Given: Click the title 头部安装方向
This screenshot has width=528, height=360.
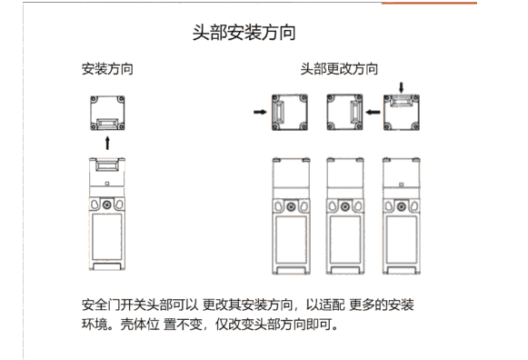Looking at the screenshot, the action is (x=244, y=33).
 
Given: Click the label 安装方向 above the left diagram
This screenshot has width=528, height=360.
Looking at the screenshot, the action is (x=107, y=69).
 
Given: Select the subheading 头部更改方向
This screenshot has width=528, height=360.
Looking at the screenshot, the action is (x=339, y=69).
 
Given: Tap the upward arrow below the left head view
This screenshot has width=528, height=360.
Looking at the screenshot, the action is (x=107, y=143).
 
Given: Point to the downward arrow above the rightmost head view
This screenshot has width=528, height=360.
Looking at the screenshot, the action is (x=401, y=87).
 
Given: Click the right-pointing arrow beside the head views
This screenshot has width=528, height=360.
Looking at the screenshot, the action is (x=260, y=112).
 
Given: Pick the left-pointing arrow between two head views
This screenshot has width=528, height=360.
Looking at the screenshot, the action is (x=374, y=112).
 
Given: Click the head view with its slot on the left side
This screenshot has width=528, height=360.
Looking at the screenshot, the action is (x=290, y=112).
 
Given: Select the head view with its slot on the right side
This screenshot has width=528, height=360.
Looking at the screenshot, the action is (x=344, y=112).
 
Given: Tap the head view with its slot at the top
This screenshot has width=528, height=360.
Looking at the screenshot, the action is (x=402, y=112).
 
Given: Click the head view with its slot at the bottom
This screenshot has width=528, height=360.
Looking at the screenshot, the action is (x=107, y=113).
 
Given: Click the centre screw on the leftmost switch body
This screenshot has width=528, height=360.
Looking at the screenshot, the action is (x=107, y=205).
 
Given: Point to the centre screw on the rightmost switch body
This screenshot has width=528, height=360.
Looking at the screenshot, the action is (x=401, y=206).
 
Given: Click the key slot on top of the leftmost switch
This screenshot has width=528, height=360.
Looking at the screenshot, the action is (x=107, y=165).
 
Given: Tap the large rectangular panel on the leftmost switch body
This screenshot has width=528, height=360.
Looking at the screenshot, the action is (x=107, y=236).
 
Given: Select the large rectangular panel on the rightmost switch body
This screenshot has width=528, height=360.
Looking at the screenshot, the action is (x=401, y=239).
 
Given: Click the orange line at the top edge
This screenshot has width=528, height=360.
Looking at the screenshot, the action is (x=429, y=3).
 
